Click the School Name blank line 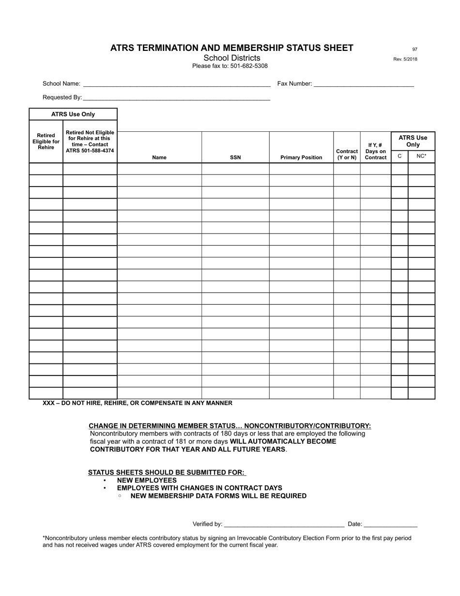176,84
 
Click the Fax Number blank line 364,84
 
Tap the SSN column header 235,157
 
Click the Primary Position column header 301,157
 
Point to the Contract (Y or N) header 347,155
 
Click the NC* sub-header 421,156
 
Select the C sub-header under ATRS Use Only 399,156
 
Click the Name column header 159,157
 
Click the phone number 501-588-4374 97,151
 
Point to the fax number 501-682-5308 249,66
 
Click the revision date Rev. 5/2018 405,59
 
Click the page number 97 414,49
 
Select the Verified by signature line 284,524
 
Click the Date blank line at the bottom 390,524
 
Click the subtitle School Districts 232,58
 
